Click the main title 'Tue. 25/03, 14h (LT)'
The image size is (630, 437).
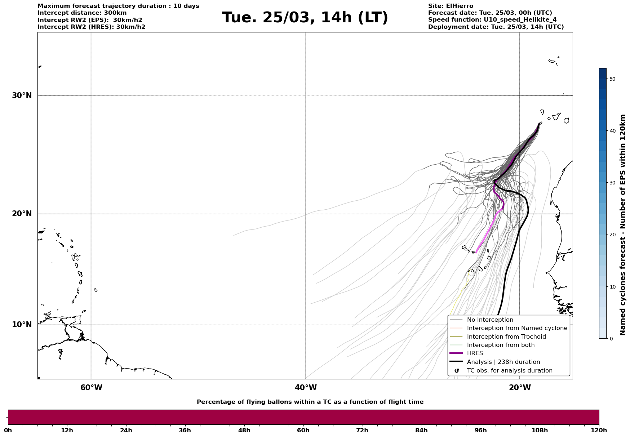[x=305, y=18]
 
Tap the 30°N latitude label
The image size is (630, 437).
[x=22, y=95]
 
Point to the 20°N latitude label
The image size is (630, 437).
[x=22, y=214]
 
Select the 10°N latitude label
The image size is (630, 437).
[x=22, y=325]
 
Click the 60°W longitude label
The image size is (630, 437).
[x=91, y=388]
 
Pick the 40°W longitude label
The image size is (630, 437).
[x=306, y=388]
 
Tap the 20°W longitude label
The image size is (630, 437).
[x=520, y=388]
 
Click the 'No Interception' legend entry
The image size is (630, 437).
[x=490, y=320]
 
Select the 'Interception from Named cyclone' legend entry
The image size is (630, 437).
[x=517, y=328]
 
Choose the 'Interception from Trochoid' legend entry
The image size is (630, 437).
[x=506, y=337]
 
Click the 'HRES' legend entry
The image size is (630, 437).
[x=475, y=353]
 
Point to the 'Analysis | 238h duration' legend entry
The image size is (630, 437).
[x=503, y=362]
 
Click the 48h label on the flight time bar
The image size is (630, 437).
[x=244, y=431]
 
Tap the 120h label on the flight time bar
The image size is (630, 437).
[x=599, y=431]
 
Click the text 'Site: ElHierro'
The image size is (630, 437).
[x=451, y=6]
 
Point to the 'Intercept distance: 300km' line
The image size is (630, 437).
[x=82, y=13]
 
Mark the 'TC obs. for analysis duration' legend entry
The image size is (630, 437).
[x=509, y=371]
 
